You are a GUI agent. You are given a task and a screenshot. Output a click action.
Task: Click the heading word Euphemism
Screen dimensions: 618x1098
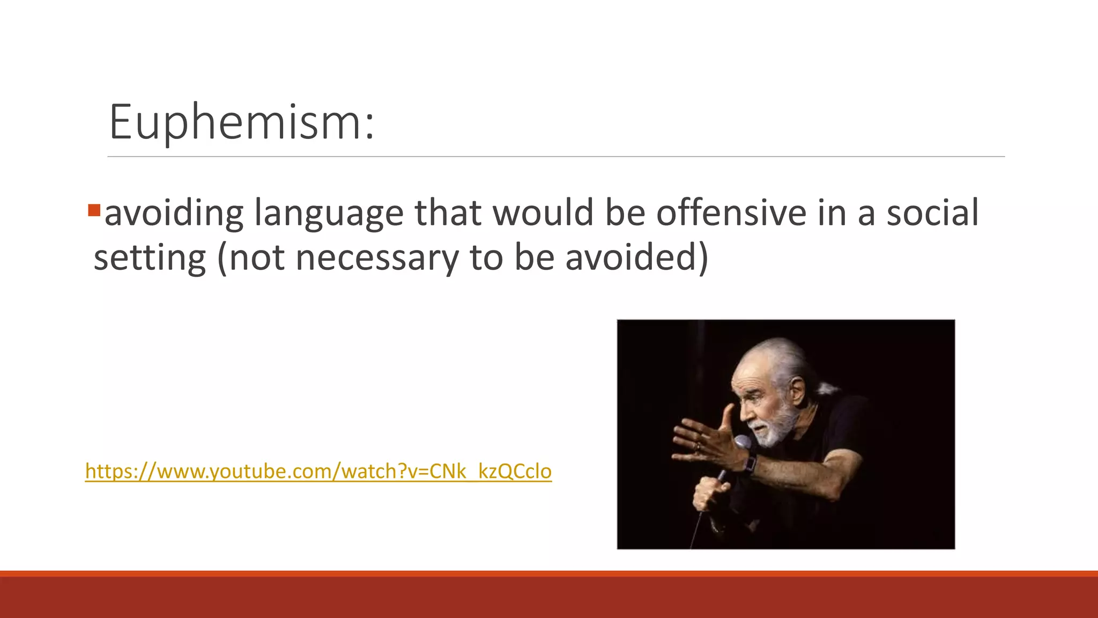point(241,122)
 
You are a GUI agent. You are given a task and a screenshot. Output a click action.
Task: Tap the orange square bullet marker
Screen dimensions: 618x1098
point(94,210)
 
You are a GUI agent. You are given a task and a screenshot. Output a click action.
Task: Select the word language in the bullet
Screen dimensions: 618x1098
point(328,214)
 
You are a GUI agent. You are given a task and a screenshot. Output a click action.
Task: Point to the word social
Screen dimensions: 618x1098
point(932,212)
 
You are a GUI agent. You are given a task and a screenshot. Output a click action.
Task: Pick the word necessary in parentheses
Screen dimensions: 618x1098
point(377,257)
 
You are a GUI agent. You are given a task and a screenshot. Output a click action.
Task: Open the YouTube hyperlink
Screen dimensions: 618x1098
point(318,471)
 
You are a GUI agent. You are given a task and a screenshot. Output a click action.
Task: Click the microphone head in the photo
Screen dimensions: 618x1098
point(743,443)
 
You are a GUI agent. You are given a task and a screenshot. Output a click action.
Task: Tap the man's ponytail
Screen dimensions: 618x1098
point(828,387)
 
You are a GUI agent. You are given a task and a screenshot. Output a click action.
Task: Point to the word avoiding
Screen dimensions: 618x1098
point(174,214)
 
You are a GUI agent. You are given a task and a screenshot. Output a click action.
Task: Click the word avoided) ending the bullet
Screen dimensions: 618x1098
point(636,257)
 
